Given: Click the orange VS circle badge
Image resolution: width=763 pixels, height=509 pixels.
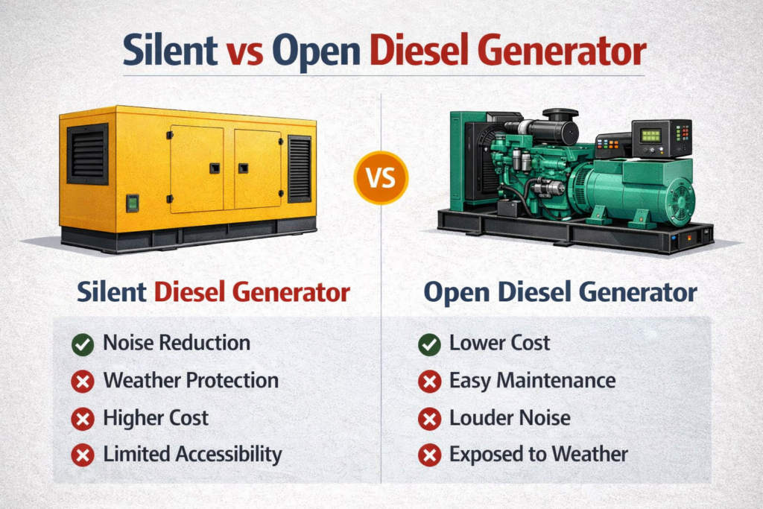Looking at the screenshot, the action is pos(381,177).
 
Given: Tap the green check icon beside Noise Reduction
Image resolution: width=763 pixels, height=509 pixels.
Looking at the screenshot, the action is pos(83,344).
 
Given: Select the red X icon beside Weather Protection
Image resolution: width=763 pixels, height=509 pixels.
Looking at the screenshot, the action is pos(83,382).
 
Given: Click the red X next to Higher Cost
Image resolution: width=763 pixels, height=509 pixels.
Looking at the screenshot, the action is pos(83,419).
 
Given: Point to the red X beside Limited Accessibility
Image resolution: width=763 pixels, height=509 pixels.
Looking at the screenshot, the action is pos(83,455).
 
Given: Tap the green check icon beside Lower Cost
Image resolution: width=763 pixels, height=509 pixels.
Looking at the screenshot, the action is pos(429,344).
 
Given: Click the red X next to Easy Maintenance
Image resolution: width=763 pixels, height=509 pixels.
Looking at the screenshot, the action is pos(429,382).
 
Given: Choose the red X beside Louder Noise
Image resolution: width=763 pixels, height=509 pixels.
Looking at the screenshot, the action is pos(429,419).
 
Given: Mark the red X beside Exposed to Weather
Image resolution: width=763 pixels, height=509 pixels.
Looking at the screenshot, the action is pos(429,455).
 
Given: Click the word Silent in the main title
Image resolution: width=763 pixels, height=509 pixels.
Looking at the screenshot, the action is pos(170,50).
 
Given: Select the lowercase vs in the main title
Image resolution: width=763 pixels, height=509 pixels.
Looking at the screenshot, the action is pos(244,54).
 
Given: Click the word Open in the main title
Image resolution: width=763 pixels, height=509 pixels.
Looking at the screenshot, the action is pos(316,53).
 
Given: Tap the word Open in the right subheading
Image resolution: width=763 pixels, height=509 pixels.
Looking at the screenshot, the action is pos(457,293).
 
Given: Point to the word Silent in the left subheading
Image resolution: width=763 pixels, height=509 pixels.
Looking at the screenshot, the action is pos(112,291).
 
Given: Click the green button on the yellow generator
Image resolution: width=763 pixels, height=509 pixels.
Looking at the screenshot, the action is pos(133,203).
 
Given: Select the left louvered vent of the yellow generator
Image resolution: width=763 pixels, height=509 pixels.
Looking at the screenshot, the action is pos(88,154).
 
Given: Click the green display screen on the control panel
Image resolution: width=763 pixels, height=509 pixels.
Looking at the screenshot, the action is pos(650,136).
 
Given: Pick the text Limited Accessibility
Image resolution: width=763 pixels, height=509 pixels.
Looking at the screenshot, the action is pos(193,454).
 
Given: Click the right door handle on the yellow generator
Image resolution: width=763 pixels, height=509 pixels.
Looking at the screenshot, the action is pos(244,168).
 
